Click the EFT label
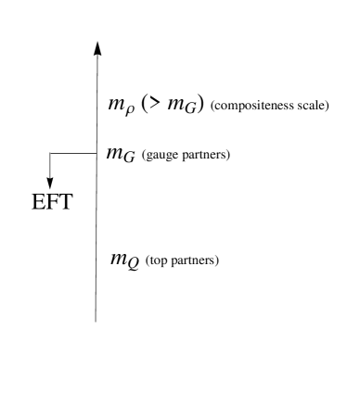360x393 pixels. [x=53, y=203]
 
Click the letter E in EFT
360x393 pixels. [x=40, y=203]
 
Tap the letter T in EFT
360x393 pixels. [x=66, y=203]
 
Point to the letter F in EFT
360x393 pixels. [x=53, y=203]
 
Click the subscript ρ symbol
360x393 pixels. [x=130, y=110]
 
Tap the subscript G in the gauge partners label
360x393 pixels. [x=129, y=158]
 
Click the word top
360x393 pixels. [x=158, y=261]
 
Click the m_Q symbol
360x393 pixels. [x=124, y=260]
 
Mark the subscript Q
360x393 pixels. [x=134, y=265]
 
